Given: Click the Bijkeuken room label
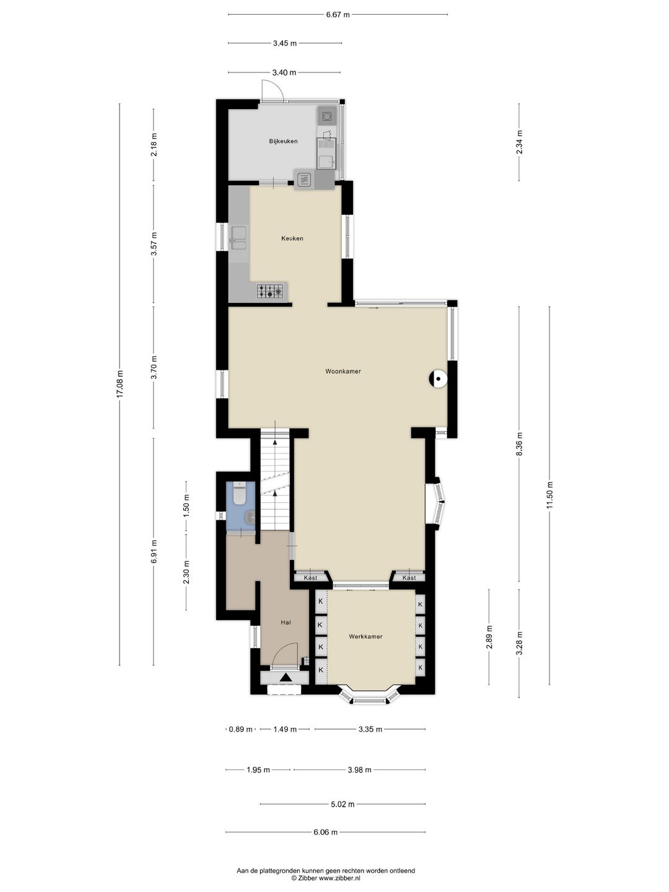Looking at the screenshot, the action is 283,141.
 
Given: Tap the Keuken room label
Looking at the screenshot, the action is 292,238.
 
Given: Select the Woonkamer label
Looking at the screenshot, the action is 343,371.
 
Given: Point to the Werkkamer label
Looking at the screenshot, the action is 365,636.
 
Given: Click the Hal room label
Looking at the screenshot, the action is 286,622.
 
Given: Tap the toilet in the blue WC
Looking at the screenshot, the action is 239,494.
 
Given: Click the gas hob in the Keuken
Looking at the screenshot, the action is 269,291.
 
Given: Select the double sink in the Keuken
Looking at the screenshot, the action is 238,238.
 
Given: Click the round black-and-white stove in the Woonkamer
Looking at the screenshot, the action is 438,380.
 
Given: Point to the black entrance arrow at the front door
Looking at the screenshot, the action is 285,677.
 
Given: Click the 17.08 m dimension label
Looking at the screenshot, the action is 120,385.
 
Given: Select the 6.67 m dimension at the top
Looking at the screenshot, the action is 338,15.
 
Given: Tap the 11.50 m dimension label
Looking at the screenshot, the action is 549,495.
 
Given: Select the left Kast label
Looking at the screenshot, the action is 310,577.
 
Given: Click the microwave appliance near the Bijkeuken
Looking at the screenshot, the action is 304,179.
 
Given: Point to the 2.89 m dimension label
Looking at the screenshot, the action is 489,637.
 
